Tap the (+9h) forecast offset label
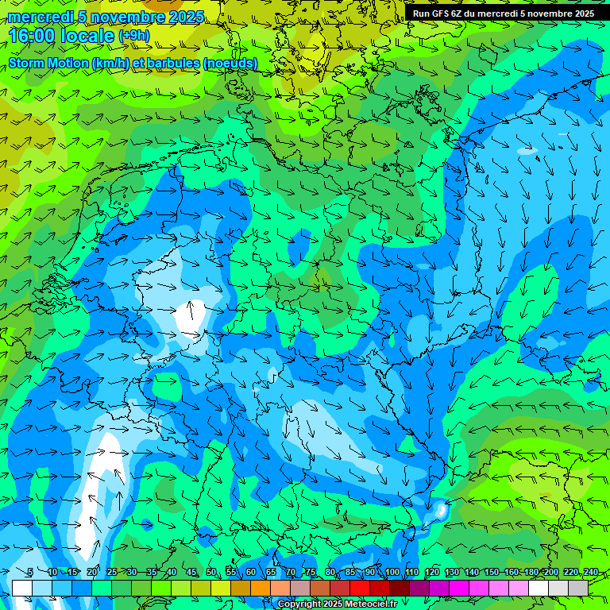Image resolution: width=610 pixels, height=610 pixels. [x=133, y=36]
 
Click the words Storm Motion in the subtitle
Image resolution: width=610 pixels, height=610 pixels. [x=48, y=63]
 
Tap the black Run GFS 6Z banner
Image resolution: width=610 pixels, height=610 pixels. [x=504, y=13]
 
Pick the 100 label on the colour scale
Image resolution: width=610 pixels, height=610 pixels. [x=392, y=573]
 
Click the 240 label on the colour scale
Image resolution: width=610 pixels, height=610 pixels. [x=591, y=573]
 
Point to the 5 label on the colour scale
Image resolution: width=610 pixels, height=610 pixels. [x=30, y=573]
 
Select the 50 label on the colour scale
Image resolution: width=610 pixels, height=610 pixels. [x=211, y=573]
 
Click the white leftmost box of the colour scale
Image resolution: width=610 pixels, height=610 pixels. [x=22, y=588]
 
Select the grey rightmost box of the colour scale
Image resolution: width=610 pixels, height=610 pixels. [x=578, y=588]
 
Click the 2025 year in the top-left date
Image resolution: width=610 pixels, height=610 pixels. [x=186, y=17]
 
